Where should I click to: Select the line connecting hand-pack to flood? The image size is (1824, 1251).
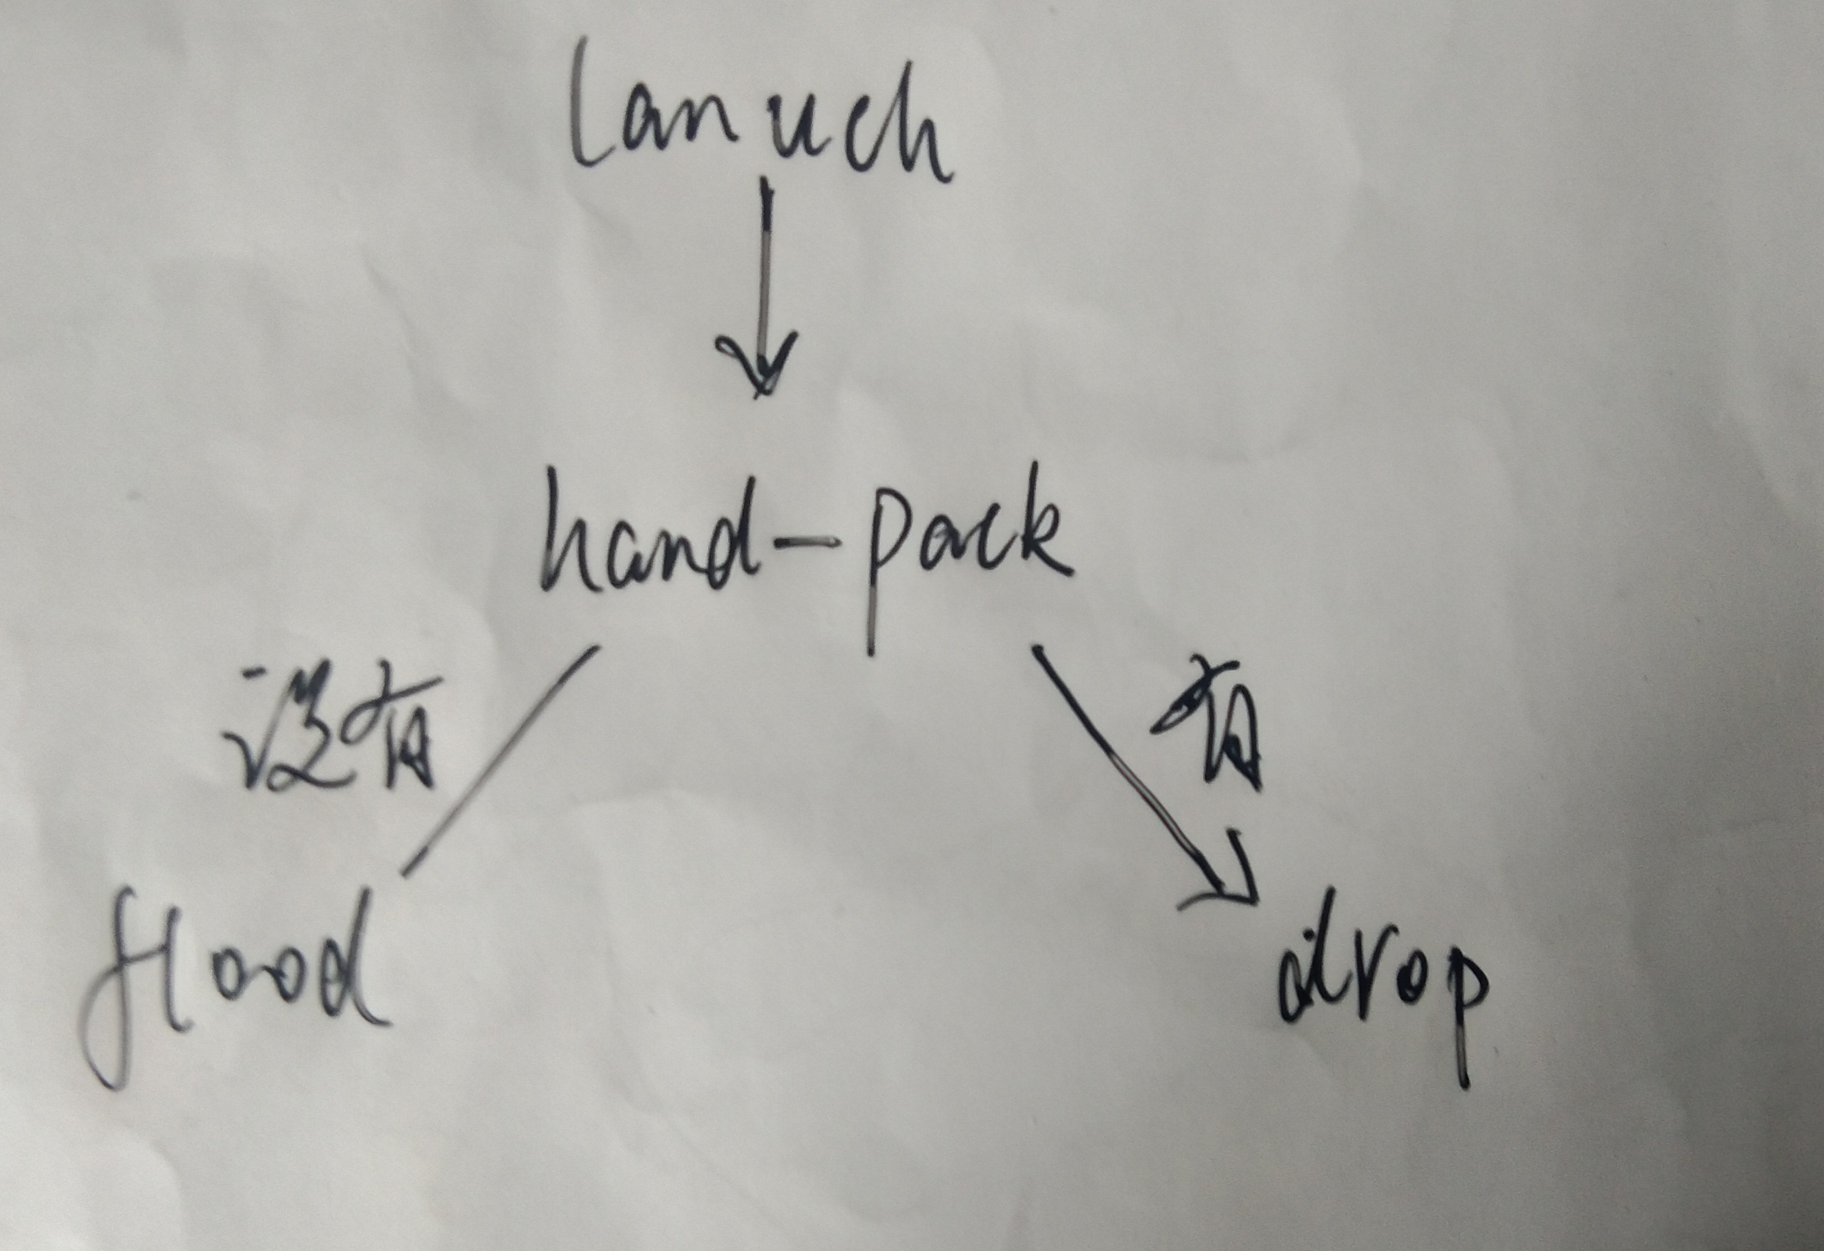pyautogui.click(x=502, y=758)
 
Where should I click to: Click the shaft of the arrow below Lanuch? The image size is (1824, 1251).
pyautogui.click(x=765, y=267)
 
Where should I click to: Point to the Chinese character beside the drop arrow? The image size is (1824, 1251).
pyautogui.click(x=1212, y=726)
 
